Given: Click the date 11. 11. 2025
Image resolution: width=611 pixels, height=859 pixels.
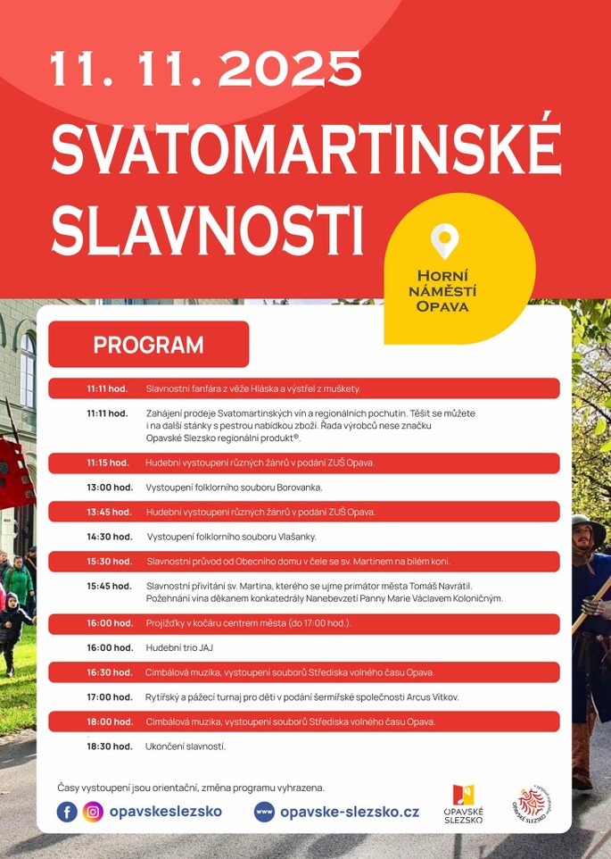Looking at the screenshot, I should pos(206,70).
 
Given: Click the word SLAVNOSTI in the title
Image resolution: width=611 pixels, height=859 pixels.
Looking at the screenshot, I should pos(208,231).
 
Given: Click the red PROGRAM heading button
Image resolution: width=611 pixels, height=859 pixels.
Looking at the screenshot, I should pos(148,345).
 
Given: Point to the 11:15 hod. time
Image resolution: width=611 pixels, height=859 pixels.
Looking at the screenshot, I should pos(107,463).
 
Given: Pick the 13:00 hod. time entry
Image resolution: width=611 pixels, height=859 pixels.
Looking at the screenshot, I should pos(109,488).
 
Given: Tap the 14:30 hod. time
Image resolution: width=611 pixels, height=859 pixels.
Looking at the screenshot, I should pos(109,537).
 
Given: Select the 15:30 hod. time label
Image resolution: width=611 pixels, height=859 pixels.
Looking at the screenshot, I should pos(109,562).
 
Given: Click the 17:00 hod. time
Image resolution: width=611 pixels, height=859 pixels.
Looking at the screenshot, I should pos(109,696).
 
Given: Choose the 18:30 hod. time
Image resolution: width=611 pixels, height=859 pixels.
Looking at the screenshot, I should pos(109,746).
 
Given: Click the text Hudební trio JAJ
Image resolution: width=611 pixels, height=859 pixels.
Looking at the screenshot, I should pos(179,647).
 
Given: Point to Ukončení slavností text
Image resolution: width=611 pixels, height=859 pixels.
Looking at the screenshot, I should pos(186,746).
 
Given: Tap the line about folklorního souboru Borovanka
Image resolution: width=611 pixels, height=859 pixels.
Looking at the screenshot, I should pos(234,488).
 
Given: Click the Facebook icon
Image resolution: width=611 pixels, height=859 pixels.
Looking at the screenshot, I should pos(67,812).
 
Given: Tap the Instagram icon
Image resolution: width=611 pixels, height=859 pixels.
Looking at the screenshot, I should pos(93,812).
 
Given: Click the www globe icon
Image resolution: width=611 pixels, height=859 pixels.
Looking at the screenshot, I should pos(264,812).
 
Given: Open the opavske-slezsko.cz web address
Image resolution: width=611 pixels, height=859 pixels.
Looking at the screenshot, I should pos(349,812).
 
